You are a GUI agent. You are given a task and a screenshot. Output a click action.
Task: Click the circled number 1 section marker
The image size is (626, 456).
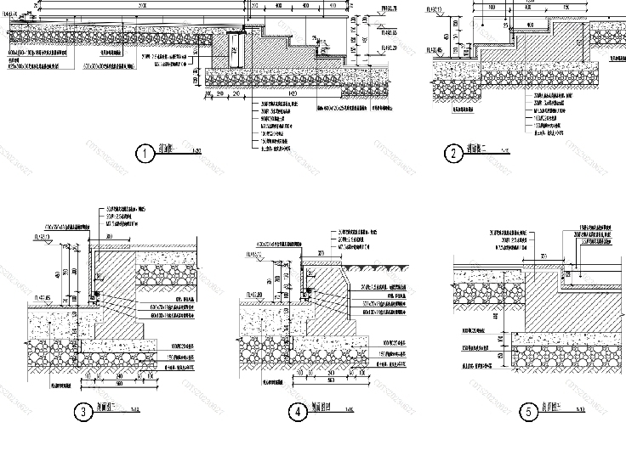(145, 154)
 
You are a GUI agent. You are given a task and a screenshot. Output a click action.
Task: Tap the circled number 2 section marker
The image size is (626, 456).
(454, 154)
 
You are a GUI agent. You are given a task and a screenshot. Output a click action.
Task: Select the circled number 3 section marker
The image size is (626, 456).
(83, 413)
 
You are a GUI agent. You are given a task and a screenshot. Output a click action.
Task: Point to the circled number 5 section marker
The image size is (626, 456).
(529, 413)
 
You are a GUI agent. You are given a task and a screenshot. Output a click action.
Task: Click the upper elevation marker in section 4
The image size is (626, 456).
(253, 254)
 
